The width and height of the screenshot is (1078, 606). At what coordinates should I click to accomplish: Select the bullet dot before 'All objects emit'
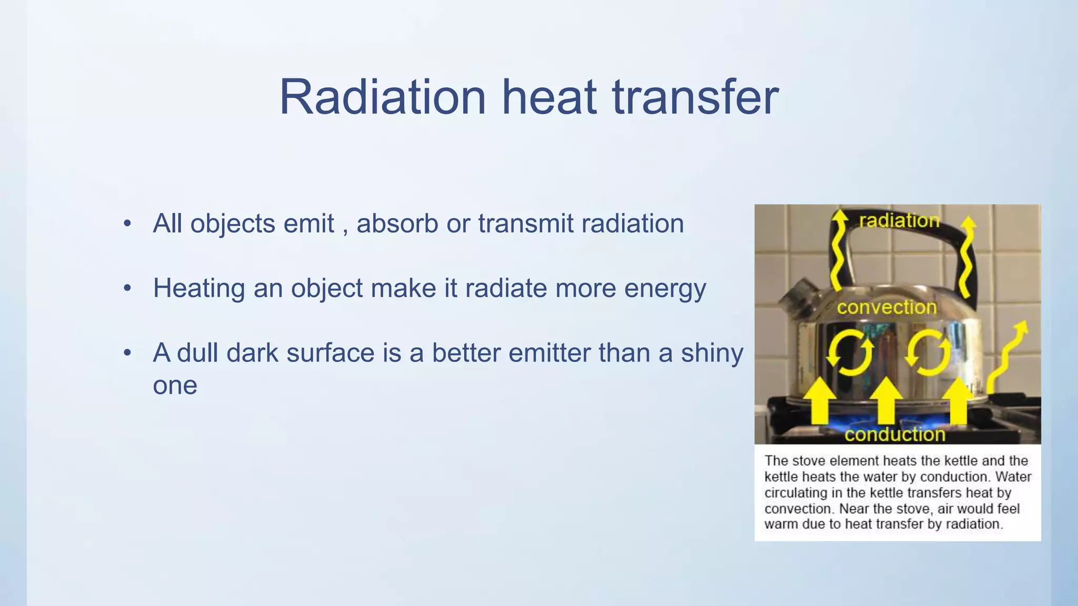(x=127, y=224)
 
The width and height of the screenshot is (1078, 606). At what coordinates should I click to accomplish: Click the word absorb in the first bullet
(x=397, y=224)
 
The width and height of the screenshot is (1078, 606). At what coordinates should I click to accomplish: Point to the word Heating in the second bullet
(x=199, y=289)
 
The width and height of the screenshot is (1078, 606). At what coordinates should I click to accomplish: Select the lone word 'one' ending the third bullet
(x=175, y=386)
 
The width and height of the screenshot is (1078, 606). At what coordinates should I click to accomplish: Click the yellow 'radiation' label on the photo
(x=899, y=221)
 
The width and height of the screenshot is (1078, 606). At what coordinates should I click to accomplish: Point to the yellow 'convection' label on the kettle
(x=886, y=307)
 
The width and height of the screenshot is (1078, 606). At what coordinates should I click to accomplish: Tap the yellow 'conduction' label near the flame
(x=895, y=435)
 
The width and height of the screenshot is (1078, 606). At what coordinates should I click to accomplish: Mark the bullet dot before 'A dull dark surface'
(x=127, y=353)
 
